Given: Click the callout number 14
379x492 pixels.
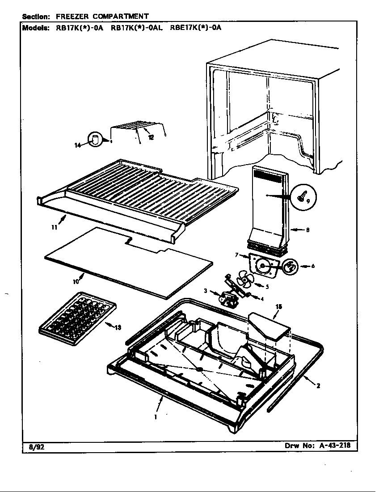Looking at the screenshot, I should click(77, 145).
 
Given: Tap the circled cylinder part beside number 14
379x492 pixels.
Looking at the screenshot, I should click(95, 139).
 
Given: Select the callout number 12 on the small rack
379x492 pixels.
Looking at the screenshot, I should click(151, 137).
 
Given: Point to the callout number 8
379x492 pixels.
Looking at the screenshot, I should click(307, 230).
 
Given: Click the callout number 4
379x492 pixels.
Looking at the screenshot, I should click(262, 299).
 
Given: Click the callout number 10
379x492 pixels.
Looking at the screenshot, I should click(76, 281).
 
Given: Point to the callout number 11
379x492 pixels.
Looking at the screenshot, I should click(54, 227).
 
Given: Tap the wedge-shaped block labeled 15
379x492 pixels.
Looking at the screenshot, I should click(268, 325).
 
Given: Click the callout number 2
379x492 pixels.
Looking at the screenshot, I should click(318, 386).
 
